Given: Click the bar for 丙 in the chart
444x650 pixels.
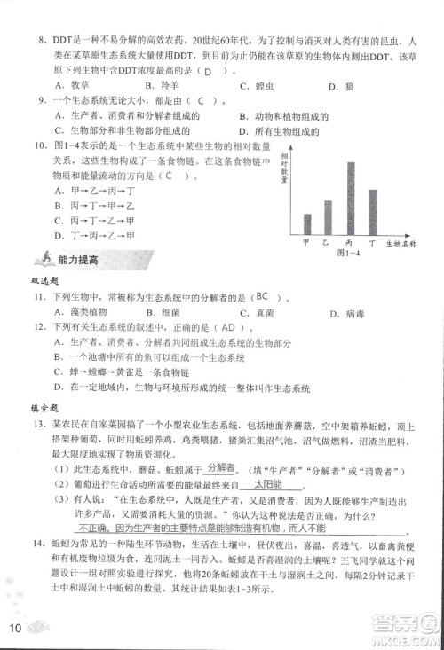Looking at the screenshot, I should [326, 197].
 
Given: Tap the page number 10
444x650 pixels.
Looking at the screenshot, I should [15, 629].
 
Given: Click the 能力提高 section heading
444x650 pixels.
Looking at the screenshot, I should [77, 259].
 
